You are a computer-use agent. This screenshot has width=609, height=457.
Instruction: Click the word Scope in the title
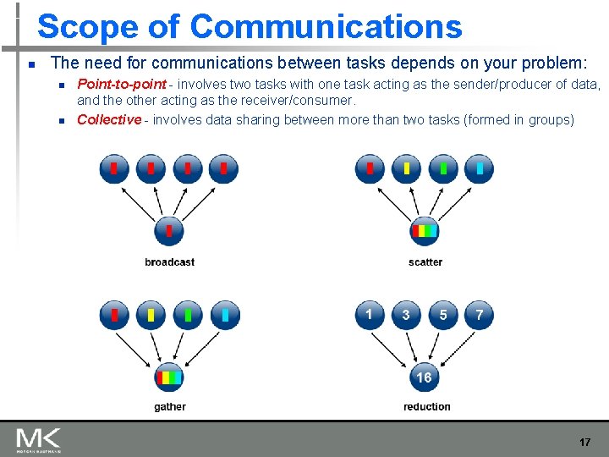tap(80, 26)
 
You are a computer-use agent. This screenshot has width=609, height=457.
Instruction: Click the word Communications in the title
tap(326, 26)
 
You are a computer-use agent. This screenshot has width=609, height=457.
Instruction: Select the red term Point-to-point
tap(121, 84)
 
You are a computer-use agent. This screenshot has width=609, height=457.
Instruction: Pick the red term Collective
tap(109, 119)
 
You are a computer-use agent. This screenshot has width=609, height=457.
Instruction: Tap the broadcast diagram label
tap(169, 262)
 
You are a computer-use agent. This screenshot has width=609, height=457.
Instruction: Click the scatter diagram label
tap(425, 262)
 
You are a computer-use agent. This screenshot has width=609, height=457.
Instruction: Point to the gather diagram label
tap(170, 407)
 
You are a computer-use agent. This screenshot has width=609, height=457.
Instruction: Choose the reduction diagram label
tap(426, 407)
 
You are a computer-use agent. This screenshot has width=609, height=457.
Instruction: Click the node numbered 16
tap(424, 377)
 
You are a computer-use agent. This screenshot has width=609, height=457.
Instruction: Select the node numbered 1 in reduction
tap(370, 315)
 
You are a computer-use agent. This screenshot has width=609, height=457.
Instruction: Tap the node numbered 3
tap(406, 315)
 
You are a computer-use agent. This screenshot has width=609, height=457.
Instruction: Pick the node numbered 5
tap(442, 315)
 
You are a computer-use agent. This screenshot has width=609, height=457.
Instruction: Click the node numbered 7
tap(479, 315)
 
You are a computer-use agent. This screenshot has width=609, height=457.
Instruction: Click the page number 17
tap(584, 442)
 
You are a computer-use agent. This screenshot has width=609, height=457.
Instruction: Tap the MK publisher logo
tap(38, 440)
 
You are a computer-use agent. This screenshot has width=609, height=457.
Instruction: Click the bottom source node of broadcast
tap(169, 231)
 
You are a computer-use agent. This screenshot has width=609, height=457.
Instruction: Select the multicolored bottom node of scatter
tap(424, 231)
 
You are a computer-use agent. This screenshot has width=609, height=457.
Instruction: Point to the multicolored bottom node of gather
tap(169, 377)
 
